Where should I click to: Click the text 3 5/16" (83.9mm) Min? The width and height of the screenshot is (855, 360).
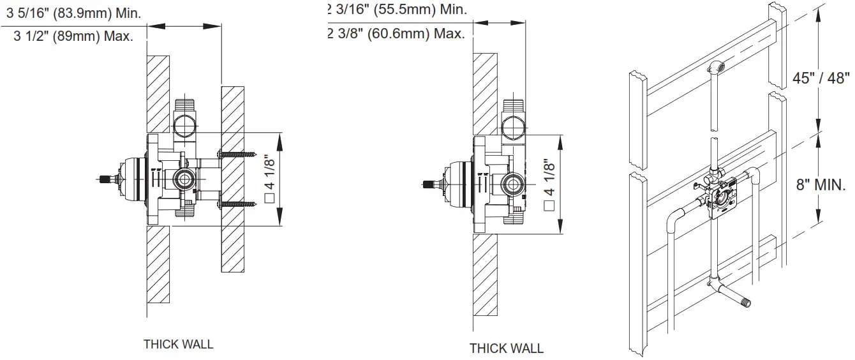tap(73, 13)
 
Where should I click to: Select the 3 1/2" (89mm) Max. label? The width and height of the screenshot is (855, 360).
tap(73, 36)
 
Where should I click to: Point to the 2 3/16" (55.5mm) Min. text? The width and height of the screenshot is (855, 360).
tap(397, 10)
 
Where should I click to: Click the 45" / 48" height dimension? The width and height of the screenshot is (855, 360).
tap(821, 78)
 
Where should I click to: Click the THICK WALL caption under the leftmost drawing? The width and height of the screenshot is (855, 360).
tap(178, 345)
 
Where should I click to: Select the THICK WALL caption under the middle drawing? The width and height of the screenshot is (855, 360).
tap(507, 349)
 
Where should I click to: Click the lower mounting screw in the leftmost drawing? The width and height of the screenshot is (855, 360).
tap(239, 204)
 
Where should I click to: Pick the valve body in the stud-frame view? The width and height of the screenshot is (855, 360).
tap(722, 199)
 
